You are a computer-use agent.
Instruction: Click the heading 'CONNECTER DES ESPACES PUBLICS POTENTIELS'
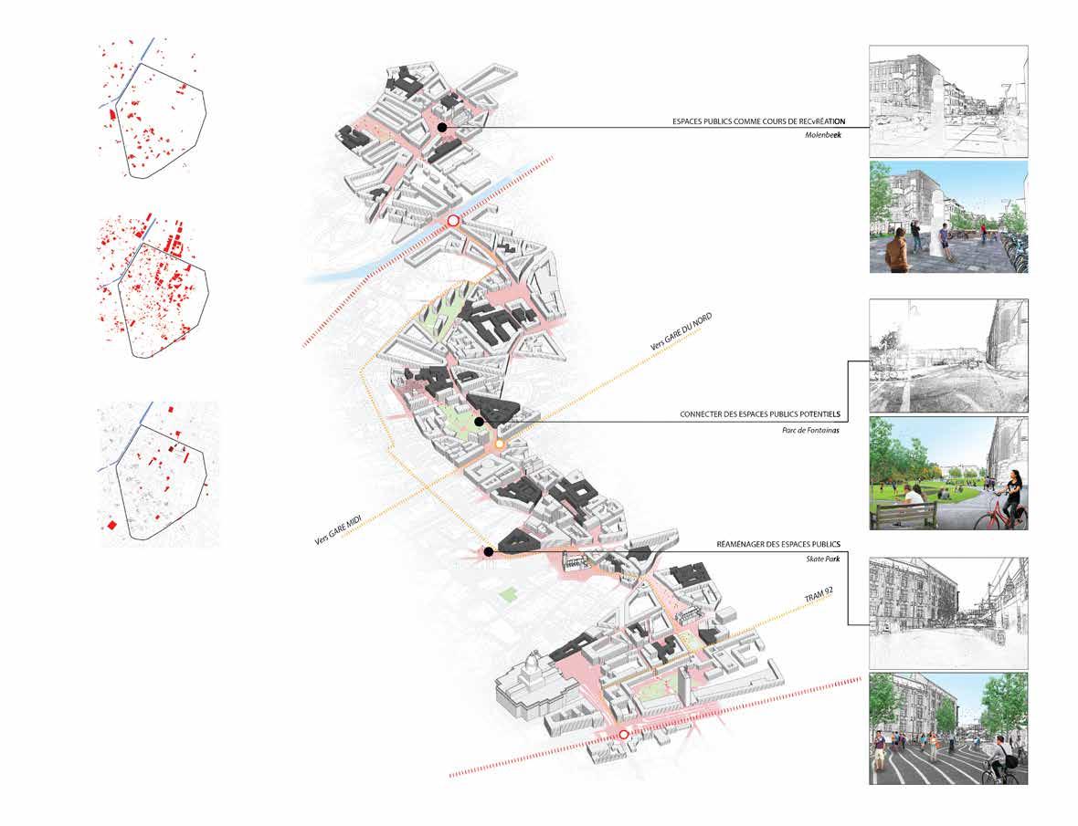759,414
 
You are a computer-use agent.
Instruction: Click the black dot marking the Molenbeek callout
441,129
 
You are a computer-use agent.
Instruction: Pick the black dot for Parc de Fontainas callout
479,423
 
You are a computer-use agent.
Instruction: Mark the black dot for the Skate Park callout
489,551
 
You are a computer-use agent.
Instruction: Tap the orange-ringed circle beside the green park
500,444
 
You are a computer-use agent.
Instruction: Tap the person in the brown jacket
900,251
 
